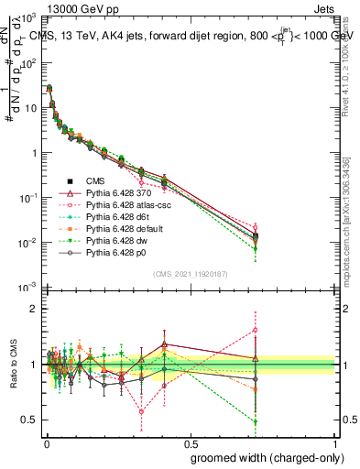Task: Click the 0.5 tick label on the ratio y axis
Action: click(x=30, y=420)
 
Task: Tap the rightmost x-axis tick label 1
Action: click(x=336, y=442)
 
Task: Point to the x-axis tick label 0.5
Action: click(x=190, y=442)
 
